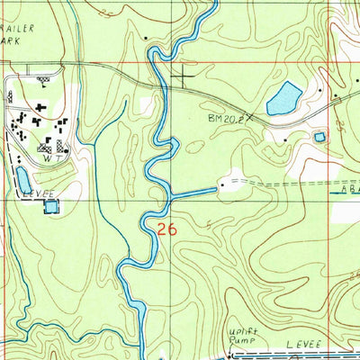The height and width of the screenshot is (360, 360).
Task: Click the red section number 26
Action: [x=166, y=229]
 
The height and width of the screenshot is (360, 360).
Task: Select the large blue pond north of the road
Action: [x=283, y=98]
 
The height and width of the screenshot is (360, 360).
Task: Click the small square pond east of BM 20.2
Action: [x=319, y=137]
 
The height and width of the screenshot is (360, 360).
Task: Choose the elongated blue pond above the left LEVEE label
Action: [x=22, y=180]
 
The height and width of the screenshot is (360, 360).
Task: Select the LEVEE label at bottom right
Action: [x=303, y=345]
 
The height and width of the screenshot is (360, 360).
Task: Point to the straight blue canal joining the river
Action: [x=193, y=193]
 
